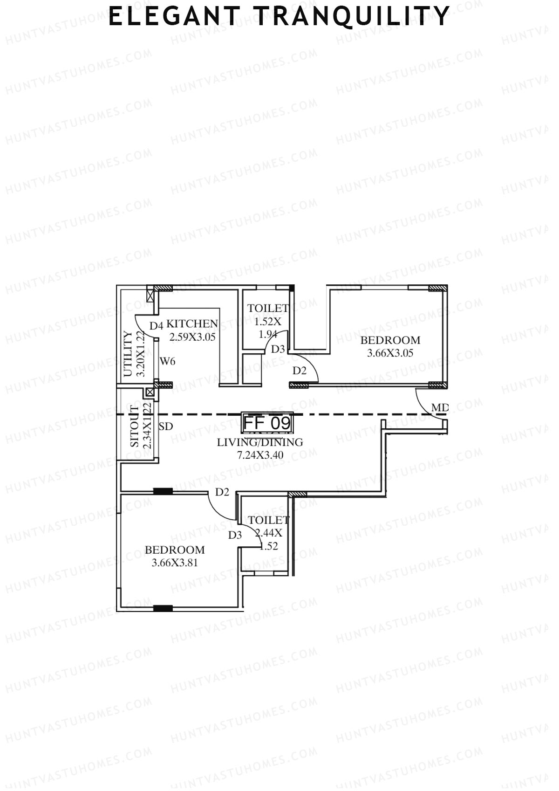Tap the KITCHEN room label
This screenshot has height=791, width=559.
pyautogui.click(x=192, y=324)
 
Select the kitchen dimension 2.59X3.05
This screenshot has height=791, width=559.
pyautogui.click(x=192, y=337)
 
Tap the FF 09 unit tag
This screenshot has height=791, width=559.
pyautogui.click(x=267, y=423)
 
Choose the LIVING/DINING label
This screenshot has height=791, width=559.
pyautogui.click(x=260, y=442)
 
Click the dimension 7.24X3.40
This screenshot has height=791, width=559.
pyautogui.click(x=260, y=455)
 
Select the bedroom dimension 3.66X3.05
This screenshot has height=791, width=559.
pyautogui.click(x=390, y=353)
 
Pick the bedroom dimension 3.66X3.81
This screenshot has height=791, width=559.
pyautogui.click(x=175, y=563)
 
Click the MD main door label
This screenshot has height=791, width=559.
pyautogui.click(x=439, y=408)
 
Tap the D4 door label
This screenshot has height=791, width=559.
pyautogui.click(x=156, y=326)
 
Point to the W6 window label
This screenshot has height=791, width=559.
pyautogui.click(x=168, y=361)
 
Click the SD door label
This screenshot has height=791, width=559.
pyautogui.click(x=166, y=426)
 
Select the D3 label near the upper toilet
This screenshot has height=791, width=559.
pyautogui.click(x=278, y=349)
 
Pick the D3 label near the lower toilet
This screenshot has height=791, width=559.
pyautogui.click(x=235, y=535)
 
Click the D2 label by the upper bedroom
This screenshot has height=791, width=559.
pyautogui.click(x=300, y=371)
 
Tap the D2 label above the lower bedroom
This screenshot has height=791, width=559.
pyautogui.click(x=222, y=492)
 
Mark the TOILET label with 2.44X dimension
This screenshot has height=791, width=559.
pyautogui.click(x=269, y=520)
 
